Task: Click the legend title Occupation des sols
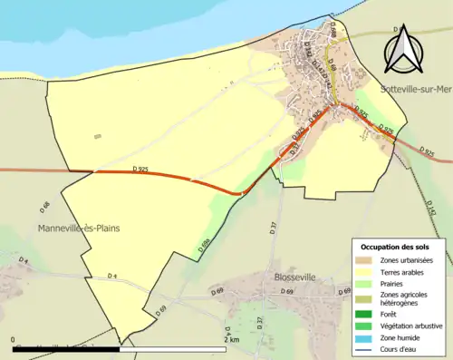(397, 247)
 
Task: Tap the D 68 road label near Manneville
(44, 209)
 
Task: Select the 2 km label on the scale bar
(235, 340)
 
